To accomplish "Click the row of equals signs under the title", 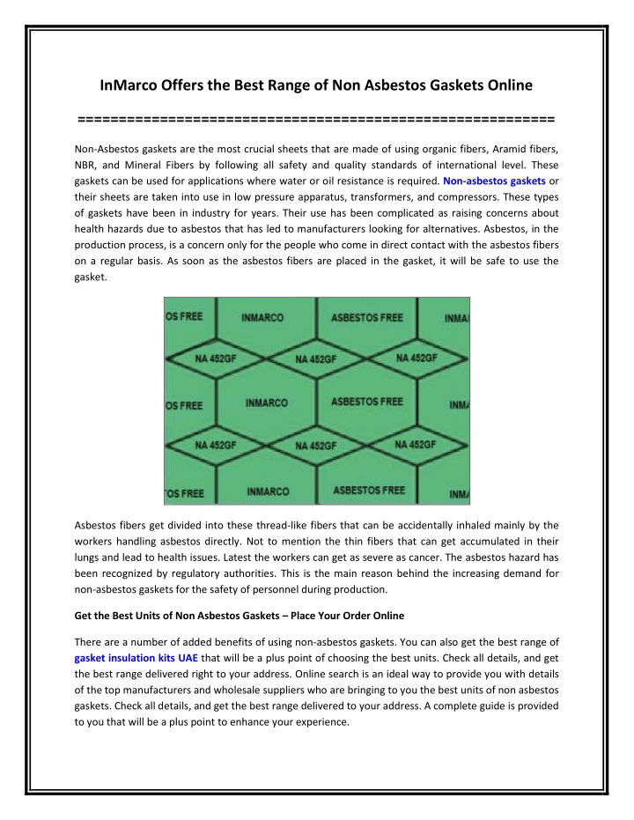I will [316, 118].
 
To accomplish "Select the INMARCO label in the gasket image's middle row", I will [266, 403].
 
